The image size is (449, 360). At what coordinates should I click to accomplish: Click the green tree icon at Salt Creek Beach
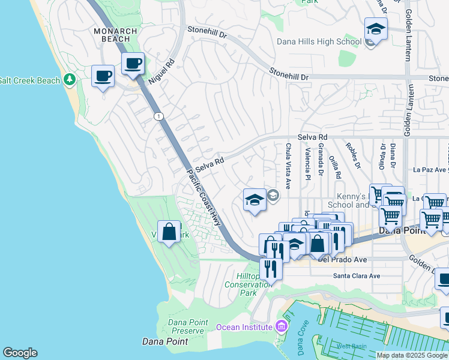[70, 79]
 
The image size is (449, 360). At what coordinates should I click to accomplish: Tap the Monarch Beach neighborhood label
[115, 35]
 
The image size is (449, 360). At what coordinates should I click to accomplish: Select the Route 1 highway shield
[157, 116]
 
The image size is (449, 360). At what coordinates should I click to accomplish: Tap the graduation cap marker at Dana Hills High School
[375, 29]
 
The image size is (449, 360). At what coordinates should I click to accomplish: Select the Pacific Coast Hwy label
[204, 197]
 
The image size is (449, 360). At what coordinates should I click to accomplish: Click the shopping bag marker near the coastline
[169, 232]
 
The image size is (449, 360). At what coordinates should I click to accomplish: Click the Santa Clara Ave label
[357, 276]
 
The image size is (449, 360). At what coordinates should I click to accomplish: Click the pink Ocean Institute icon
[280, 327]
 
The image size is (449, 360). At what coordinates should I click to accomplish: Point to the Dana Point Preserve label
[186, 326]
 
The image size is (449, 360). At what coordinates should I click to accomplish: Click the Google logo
[20, 353]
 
